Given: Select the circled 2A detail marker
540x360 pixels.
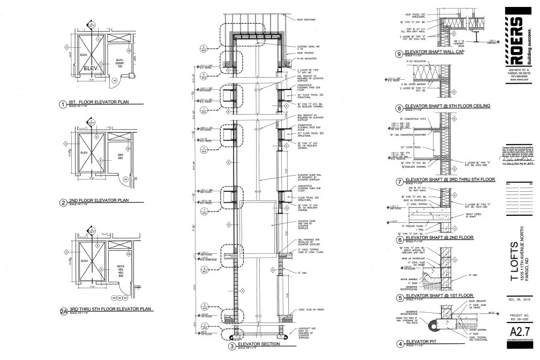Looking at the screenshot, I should [x=64, y=310].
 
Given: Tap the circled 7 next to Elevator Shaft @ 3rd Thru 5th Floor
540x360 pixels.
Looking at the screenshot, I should [x=399, y=195].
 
